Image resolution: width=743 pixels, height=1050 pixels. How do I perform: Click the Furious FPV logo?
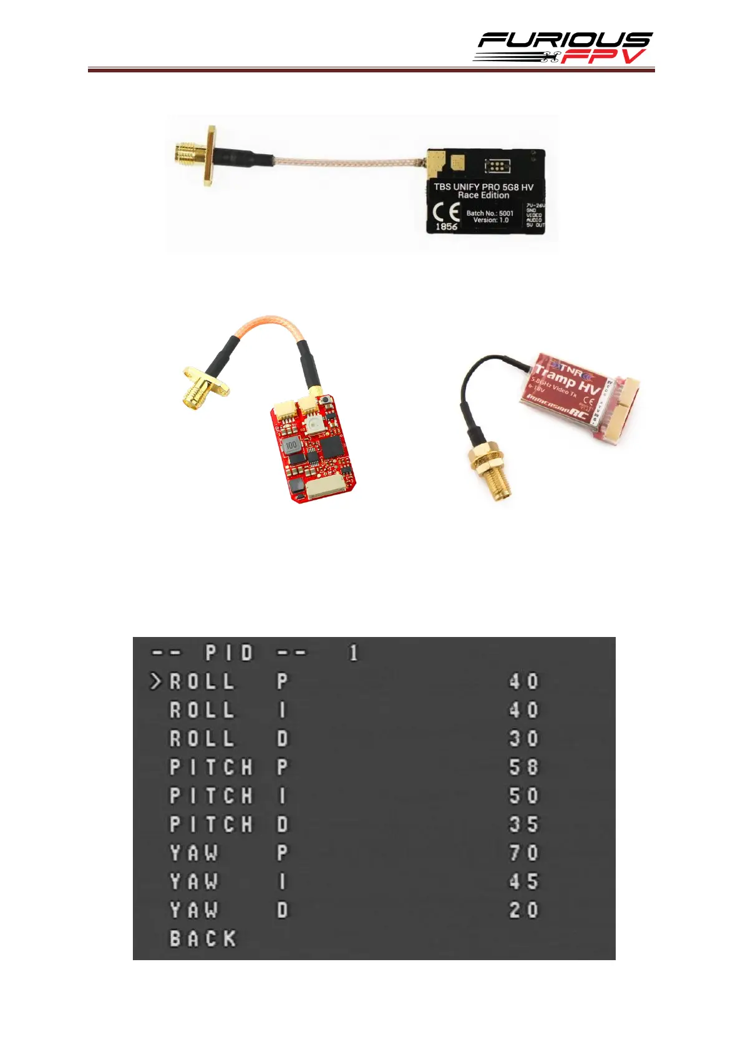coord(563,47)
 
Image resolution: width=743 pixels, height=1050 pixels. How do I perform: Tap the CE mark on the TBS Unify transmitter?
coord(446,212)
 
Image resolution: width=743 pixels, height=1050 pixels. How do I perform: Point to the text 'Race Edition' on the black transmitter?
coord(483,195)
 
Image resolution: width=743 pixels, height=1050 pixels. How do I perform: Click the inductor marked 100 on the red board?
coord(291,445)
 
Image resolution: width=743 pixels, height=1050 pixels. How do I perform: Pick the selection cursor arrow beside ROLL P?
coord(155,681)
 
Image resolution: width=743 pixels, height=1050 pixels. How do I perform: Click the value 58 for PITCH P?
coord(523,767)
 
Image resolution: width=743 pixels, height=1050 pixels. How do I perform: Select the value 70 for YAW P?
coord(523,853)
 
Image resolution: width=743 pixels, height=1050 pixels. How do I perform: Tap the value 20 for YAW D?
coord(523,910)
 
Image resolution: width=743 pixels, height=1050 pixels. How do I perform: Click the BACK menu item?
coord(203,938)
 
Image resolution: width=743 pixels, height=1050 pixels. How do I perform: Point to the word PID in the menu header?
coord(230,653)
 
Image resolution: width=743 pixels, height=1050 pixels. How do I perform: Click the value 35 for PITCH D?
coord(523,824)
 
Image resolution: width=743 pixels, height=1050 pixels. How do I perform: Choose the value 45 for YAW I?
coord(523,882)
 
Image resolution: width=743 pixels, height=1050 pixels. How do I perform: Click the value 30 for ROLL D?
coord(523,739)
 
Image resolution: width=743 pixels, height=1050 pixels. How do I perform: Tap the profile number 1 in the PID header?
coord(354,653)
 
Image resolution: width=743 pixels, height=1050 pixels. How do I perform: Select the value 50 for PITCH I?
coord(523,795)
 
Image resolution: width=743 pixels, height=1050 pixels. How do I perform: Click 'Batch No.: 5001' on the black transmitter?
coord(490,213)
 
